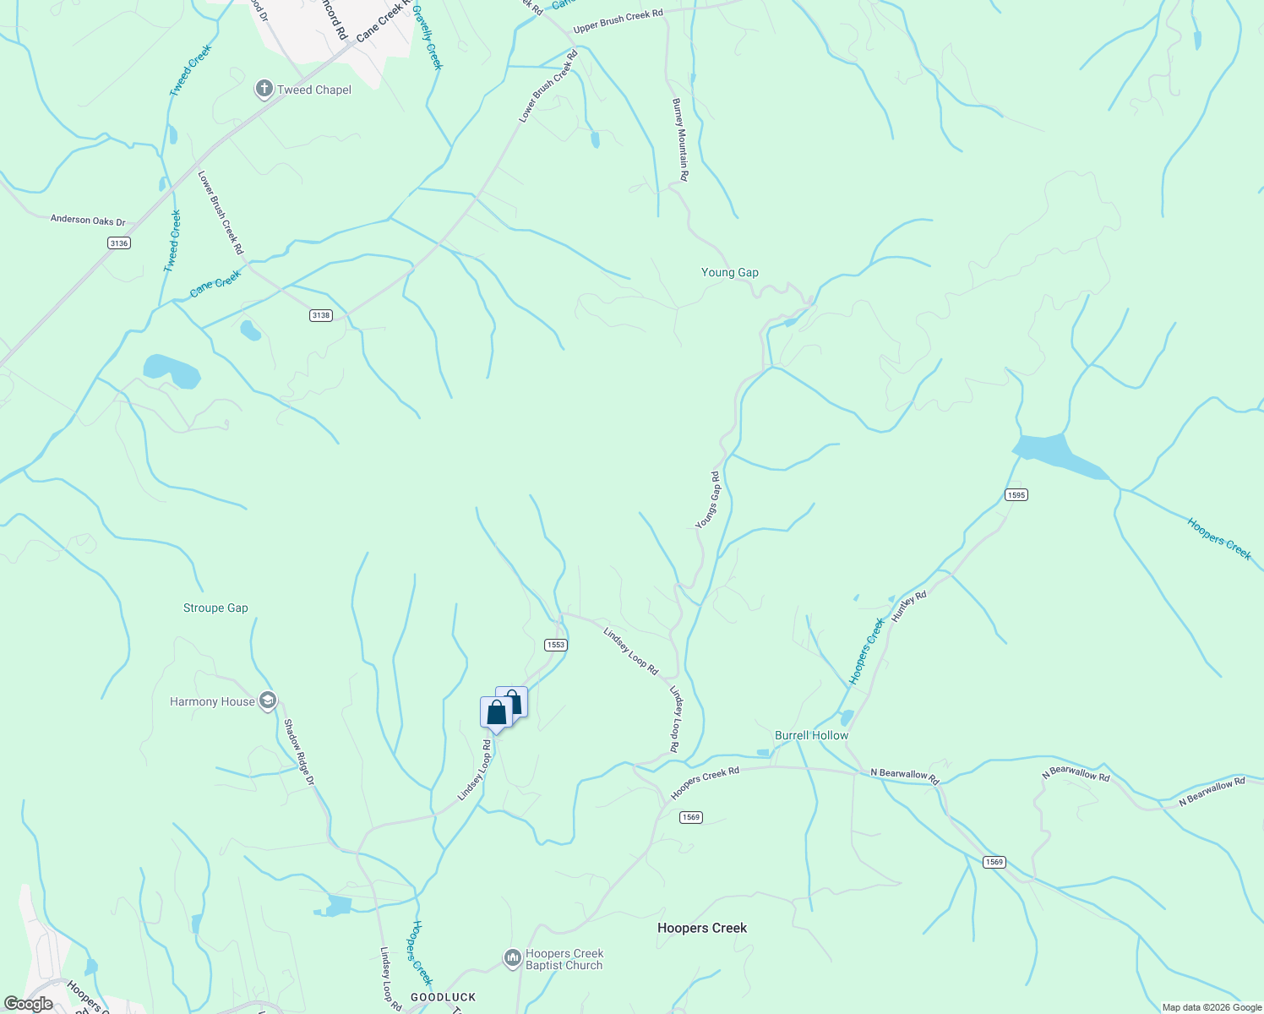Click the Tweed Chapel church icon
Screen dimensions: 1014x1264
pos(264,89)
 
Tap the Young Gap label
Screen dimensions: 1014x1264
pos(730,273)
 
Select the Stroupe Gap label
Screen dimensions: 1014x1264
pos(215,608)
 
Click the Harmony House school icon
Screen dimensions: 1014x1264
pos(268,701)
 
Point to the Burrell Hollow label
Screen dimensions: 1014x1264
pos(811,736)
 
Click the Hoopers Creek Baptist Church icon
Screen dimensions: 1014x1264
pos(512,958)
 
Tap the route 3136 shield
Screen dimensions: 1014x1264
pos(119,243)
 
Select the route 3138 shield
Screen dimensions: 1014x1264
pos(320,315)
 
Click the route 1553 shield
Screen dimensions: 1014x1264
pos(555,645)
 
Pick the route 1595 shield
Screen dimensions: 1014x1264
pos(1016,495)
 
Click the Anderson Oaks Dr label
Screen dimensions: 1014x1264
pos(88,221)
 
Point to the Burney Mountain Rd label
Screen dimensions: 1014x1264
pos(679,139)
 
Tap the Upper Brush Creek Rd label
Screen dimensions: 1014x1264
pos(618,22)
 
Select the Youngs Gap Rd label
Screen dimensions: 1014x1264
pos(708,501)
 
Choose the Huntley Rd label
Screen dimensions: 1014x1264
pos(909,607)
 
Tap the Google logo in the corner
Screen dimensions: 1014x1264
pos(28,1004)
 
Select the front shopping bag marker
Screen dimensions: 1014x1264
pos(496,712)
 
